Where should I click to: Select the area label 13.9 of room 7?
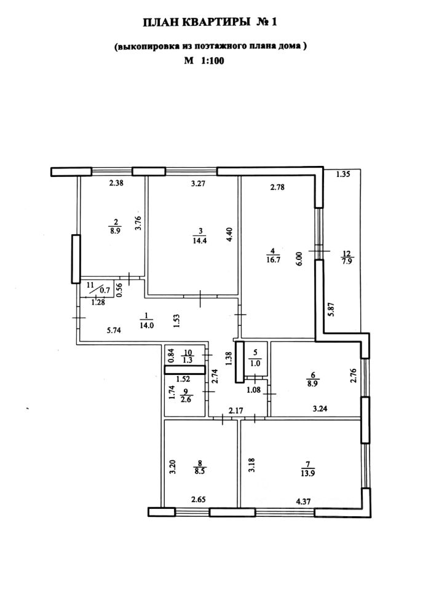pos(308,473)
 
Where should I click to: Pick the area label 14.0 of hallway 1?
pos(147,326)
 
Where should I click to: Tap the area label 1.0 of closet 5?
pos(255,364)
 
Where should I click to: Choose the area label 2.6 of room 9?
pos(186,399)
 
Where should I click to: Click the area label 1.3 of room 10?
pos(188,360)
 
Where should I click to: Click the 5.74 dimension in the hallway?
pos(114,331)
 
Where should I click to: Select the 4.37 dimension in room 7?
pos(304,501)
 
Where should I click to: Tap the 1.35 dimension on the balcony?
pos(343,174)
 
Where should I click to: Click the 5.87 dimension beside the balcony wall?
pos(331,310)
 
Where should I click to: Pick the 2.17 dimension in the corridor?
pos(235,411)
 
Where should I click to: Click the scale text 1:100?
pos(213,61)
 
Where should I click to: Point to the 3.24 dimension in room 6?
pos(320,408)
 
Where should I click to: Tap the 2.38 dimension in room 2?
pos(117,183)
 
